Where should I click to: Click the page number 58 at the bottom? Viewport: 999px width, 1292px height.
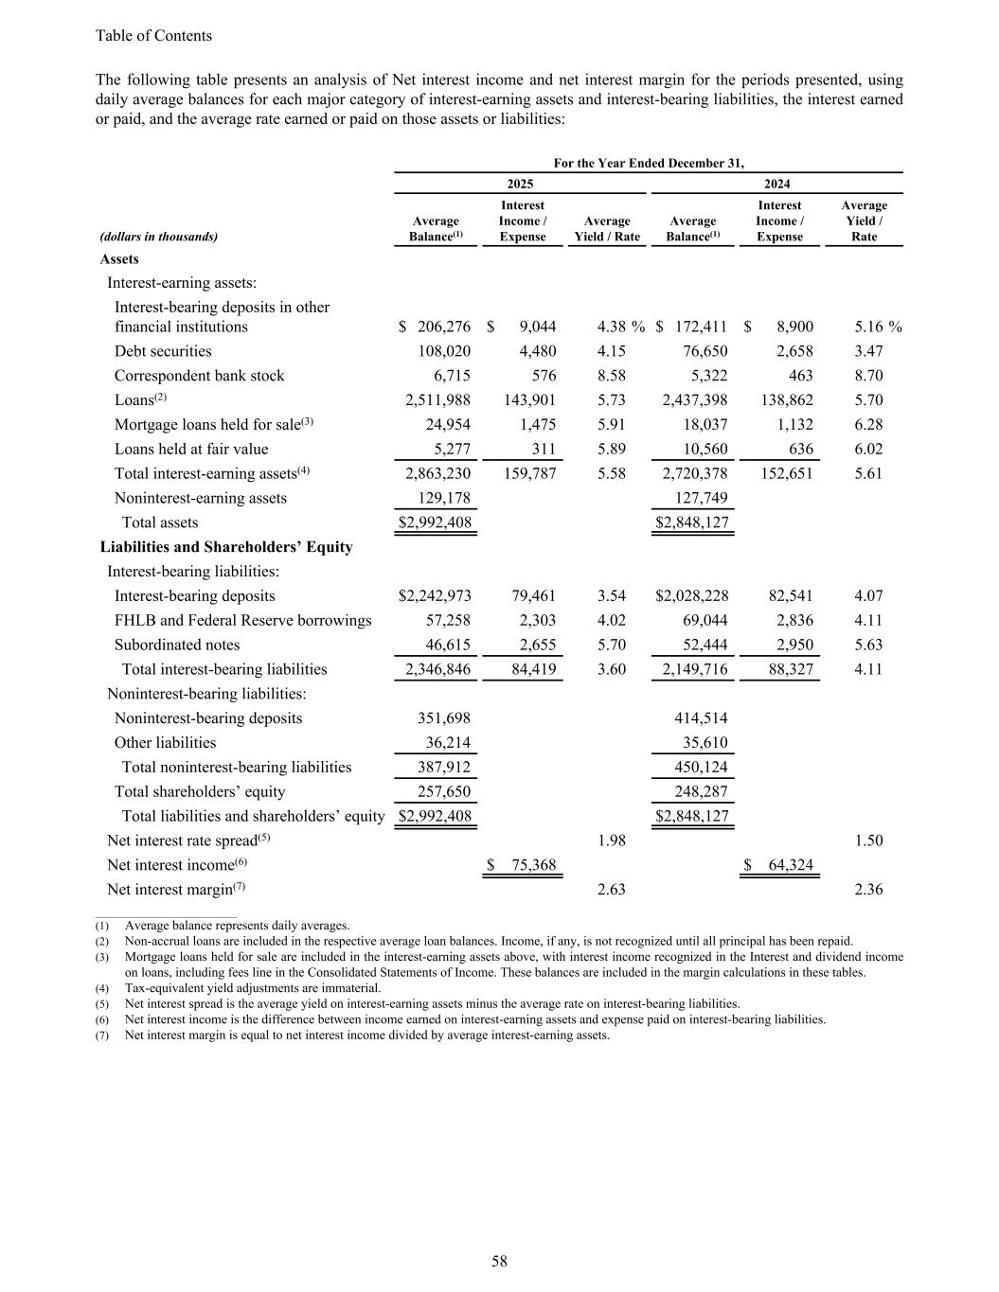click(499, 1261)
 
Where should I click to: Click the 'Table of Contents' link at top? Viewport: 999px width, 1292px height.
click(153, 36)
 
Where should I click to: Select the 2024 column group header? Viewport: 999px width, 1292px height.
click(776, 185)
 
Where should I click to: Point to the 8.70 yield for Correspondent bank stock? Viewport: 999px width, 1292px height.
click(868, 376)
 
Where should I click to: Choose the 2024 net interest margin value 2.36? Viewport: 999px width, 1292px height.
click(868, 889)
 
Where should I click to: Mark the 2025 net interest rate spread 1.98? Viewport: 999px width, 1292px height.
click(612, 841)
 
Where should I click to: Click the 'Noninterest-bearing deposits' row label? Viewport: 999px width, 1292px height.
click(208, 718)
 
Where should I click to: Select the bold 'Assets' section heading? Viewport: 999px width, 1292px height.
click(119, 259)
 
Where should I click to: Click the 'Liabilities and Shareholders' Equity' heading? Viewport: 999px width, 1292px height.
click(226, 547)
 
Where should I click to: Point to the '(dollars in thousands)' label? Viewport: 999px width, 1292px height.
click(159, 237)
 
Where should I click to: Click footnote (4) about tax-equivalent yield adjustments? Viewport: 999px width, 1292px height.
click(253, 988)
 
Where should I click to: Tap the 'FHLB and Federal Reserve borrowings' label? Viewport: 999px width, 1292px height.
click(242, 621)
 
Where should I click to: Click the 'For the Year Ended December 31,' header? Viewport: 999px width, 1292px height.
click(649, 164)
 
